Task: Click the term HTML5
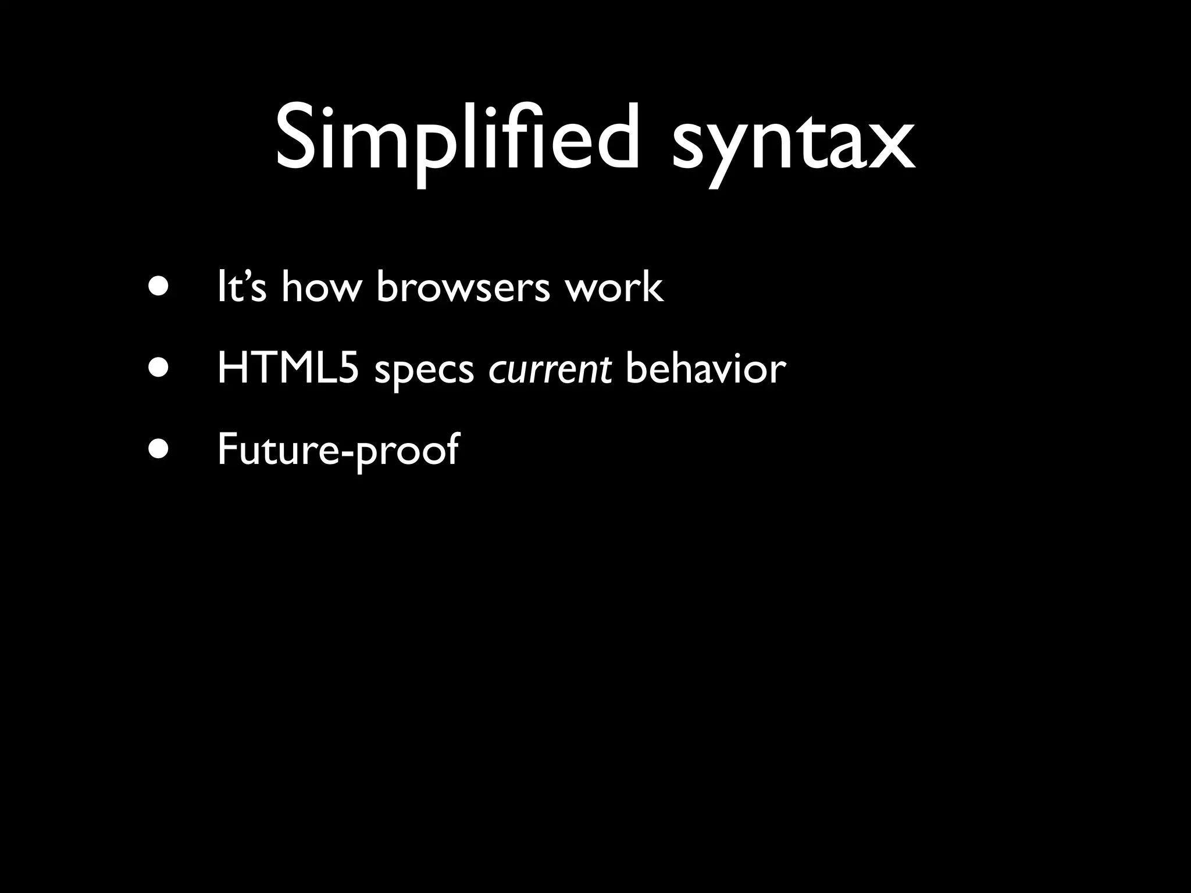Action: point(288,369)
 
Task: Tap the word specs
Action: point(424,372)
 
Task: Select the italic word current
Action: point(550,370)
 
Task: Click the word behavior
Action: point(705,369)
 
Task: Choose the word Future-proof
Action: point(338,451)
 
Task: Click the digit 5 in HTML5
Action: point(348,369)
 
